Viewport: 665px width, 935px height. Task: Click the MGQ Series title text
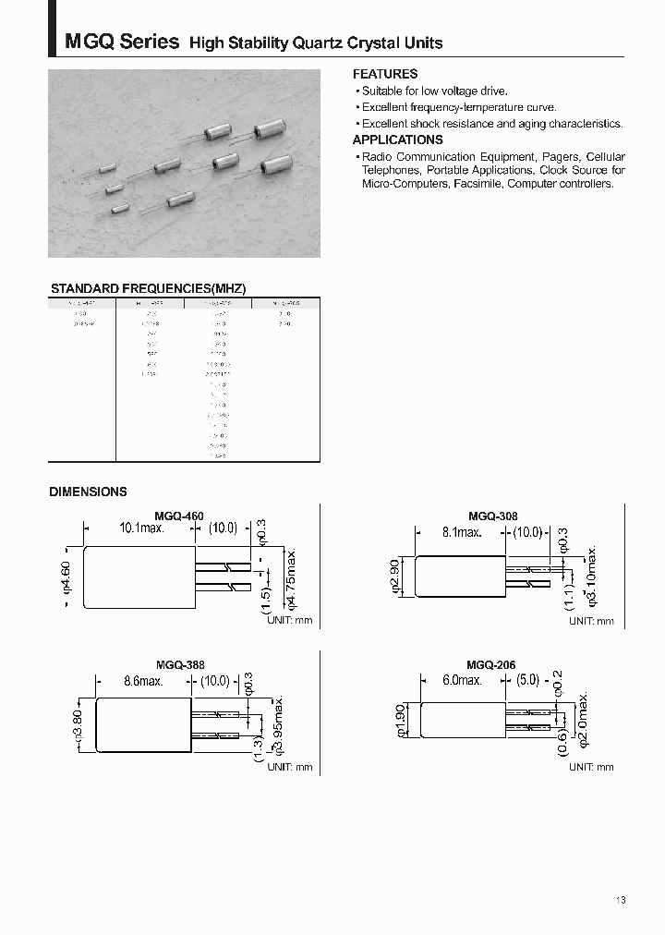coord(121,42)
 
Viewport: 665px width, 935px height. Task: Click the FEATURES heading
coord(385,74)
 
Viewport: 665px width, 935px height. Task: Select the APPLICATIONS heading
coord(398,140)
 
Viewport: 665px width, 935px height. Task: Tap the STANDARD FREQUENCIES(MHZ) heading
coord(148,288)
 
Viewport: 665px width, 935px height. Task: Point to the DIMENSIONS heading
coord(88,492)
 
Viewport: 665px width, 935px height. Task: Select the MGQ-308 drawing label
coord(492,517)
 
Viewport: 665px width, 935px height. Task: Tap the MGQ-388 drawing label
coord(179,665)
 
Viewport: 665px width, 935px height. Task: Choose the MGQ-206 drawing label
coord(490,665)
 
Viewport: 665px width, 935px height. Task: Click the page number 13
coord(620,901)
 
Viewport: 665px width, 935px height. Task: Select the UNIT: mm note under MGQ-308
coord(591,621)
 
